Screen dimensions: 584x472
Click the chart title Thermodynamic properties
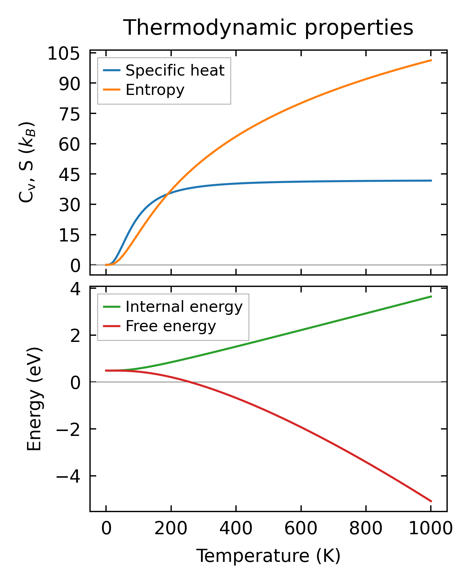[268, 28]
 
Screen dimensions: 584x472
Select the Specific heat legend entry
[175, 71]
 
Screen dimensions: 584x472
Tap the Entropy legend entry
[155, 90]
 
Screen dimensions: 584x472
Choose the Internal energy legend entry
[184, 307]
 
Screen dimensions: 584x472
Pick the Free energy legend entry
[171, 326]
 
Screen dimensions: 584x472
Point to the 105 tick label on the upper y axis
[64, 54]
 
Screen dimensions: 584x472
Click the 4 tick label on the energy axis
[75, 289]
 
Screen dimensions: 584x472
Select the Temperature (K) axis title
[268, 556]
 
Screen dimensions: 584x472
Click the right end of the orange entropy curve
[431, 60]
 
